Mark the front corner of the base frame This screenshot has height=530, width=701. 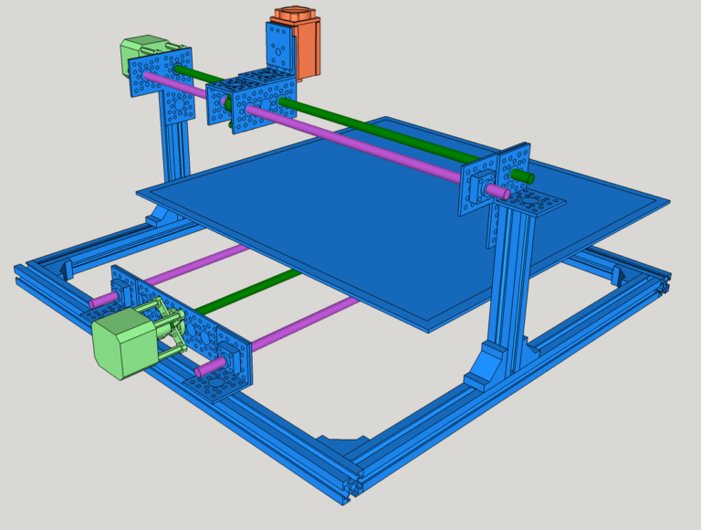coord(351,484)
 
